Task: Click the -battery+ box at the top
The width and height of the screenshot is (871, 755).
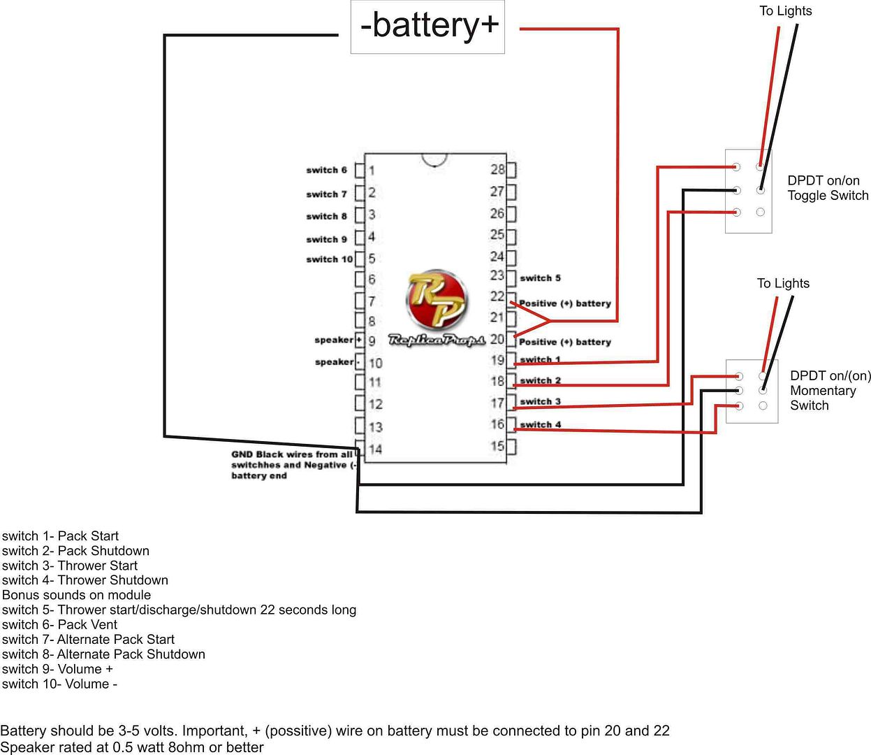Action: [x=427, y=27]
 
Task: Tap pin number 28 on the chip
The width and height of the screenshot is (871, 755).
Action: [x=497, y=170]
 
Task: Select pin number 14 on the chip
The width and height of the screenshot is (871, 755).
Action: [x=376, y=450]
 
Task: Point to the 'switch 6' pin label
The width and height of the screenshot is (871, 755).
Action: [x=327, y=170]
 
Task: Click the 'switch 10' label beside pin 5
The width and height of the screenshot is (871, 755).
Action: [x=329, y=259]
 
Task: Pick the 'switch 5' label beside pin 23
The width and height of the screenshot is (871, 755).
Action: [x=540, y=278]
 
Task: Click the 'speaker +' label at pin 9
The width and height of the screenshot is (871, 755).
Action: [x=338, y=340]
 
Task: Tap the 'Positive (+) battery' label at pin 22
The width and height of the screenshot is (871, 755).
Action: [x=564, y=303]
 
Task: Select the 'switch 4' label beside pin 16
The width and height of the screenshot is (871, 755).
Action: [x=540, y=424]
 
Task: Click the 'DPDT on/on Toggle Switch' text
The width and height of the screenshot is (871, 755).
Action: [x=828, y=188]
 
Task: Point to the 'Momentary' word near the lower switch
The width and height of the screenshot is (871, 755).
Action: [x=823, y=391]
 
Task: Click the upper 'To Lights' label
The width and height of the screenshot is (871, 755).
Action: [x=786, y=11]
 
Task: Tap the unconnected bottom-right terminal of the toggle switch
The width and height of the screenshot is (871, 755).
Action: [x=760, y=212]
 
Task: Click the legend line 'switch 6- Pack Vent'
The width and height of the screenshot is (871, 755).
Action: [x=59, y=624]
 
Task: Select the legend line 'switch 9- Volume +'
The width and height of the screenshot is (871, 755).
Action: [x=57, y=669]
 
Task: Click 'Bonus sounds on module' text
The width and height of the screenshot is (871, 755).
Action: [x=76, y=595]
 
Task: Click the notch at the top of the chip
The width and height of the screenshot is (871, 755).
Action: [x=434, y=161]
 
